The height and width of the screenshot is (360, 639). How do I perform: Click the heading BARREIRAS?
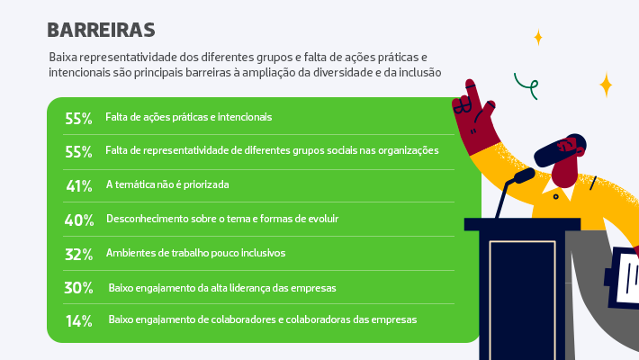[101, 31]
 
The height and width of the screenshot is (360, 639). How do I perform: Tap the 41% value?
[79, 186]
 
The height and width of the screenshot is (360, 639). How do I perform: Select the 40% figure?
[79, 220]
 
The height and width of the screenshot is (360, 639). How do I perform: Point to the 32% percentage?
[79, 255]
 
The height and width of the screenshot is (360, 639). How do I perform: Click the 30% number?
[78, 288]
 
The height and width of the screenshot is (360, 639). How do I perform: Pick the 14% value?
[79, 321]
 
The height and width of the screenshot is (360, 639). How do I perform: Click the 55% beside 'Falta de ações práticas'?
[78, 118]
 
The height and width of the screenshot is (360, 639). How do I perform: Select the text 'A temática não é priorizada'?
[167, 184]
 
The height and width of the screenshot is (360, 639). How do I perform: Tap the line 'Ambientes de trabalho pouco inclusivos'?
[195, 253]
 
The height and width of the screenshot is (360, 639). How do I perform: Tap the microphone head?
[525, 175]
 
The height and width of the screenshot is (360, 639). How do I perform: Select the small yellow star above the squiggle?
[538, 37]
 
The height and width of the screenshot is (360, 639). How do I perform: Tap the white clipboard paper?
[627, 277]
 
